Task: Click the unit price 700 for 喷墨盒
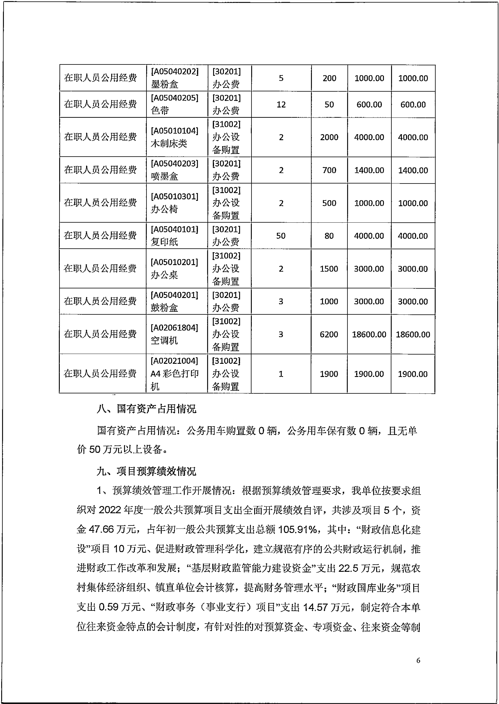coord(329,170)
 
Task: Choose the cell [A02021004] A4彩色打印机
coord(175,373)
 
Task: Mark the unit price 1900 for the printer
coord(329,374)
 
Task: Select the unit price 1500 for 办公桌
coord(329,269)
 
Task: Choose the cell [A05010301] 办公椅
coord(175,203)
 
